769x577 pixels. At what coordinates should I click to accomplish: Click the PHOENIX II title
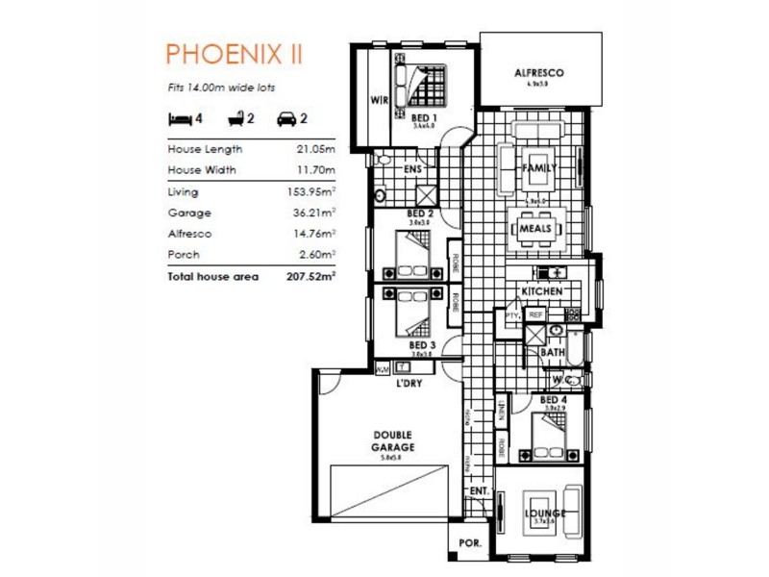pos(235,52)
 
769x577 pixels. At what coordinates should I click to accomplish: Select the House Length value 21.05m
pos(315,149)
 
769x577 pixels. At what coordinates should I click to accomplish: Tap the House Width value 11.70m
pos(315,170)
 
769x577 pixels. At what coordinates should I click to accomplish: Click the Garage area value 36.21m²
pos(314,213)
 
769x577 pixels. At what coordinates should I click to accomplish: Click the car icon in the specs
pos(285,119)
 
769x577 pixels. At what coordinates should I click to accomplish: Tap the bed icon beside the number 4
pos(179,119)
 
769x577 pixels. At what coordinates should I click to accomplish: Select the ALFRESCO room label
pos(538,73)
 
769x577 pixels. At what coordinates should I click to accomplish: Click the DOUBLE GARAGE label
pos(393,439)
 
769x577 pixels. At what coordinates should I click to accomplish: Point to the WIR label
pos(380,99)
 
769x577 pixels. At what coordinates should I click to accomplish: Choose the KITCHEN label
pos(540,290)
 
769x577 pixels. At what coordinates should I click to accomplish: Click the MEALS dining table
pos(534,229)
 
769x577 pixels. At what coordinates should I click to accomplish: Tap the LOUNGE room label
pos(544,513)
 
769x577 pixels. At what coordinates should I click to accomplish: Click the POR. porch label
pos(470,542)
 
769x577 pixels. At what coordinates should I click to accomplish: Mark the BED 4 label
pos(553,399)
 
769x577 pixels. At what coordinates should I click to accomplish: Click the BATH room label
pos(552,352)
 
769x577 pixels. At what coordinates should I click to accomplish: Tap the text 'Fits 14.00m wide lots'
pos(221,88)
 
